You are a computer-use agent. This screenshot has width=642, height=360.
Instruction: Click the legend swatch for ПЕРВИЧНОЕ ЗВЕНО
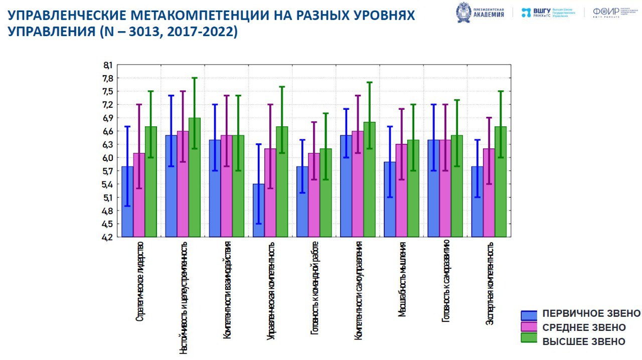coord(529,315)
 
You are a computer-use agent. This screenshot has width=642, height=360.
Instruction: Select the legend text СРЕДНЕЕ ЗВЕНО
coord(584,327)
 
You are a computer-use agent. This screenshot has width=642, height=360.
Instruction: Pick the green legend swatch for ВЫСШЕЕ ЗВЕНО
coord(529,338)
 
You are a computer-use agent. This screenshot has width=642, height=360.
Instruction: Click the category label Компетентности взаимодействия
coord(227,290)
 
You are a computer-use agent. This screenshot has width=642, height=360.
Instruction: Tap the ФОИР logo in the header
coord(606,12)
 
